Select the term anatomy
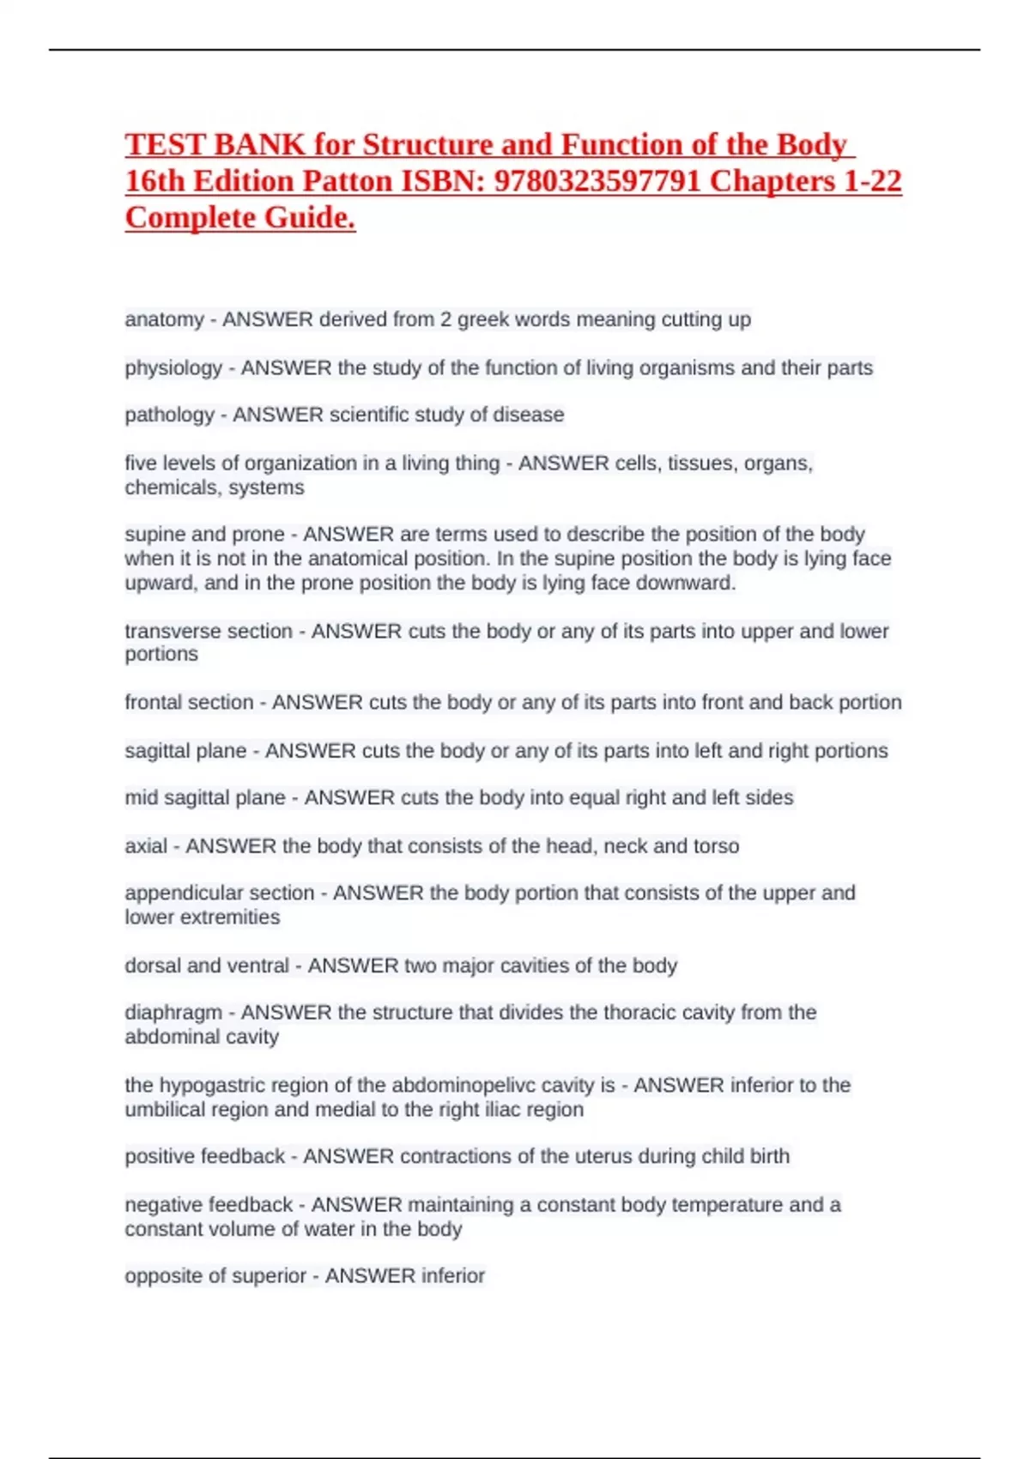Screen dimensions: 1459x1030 (x=164, y=320)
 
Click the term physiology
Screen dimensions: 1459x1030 (x=173, y=368)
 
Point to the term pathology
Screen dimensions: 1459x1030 (x=169, y=415)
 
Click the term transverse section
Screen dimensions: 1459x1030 (x=209, y=631)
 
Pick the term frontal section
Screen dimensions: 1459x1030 (x=189, y=702)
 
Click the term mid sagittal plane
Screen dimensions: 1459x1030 (x=204, y=797)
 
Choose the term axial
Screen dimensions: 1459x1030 (x=146, y=846)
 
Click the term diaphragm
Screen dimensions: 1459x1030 (x=173, y=1013)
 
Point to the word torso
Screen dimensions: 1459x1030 (x=716, y=846)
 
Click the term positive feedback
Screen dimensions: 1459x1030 (x=204, y=1156)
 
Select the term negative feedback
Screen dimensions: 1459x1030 (x=209, y=1205)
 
